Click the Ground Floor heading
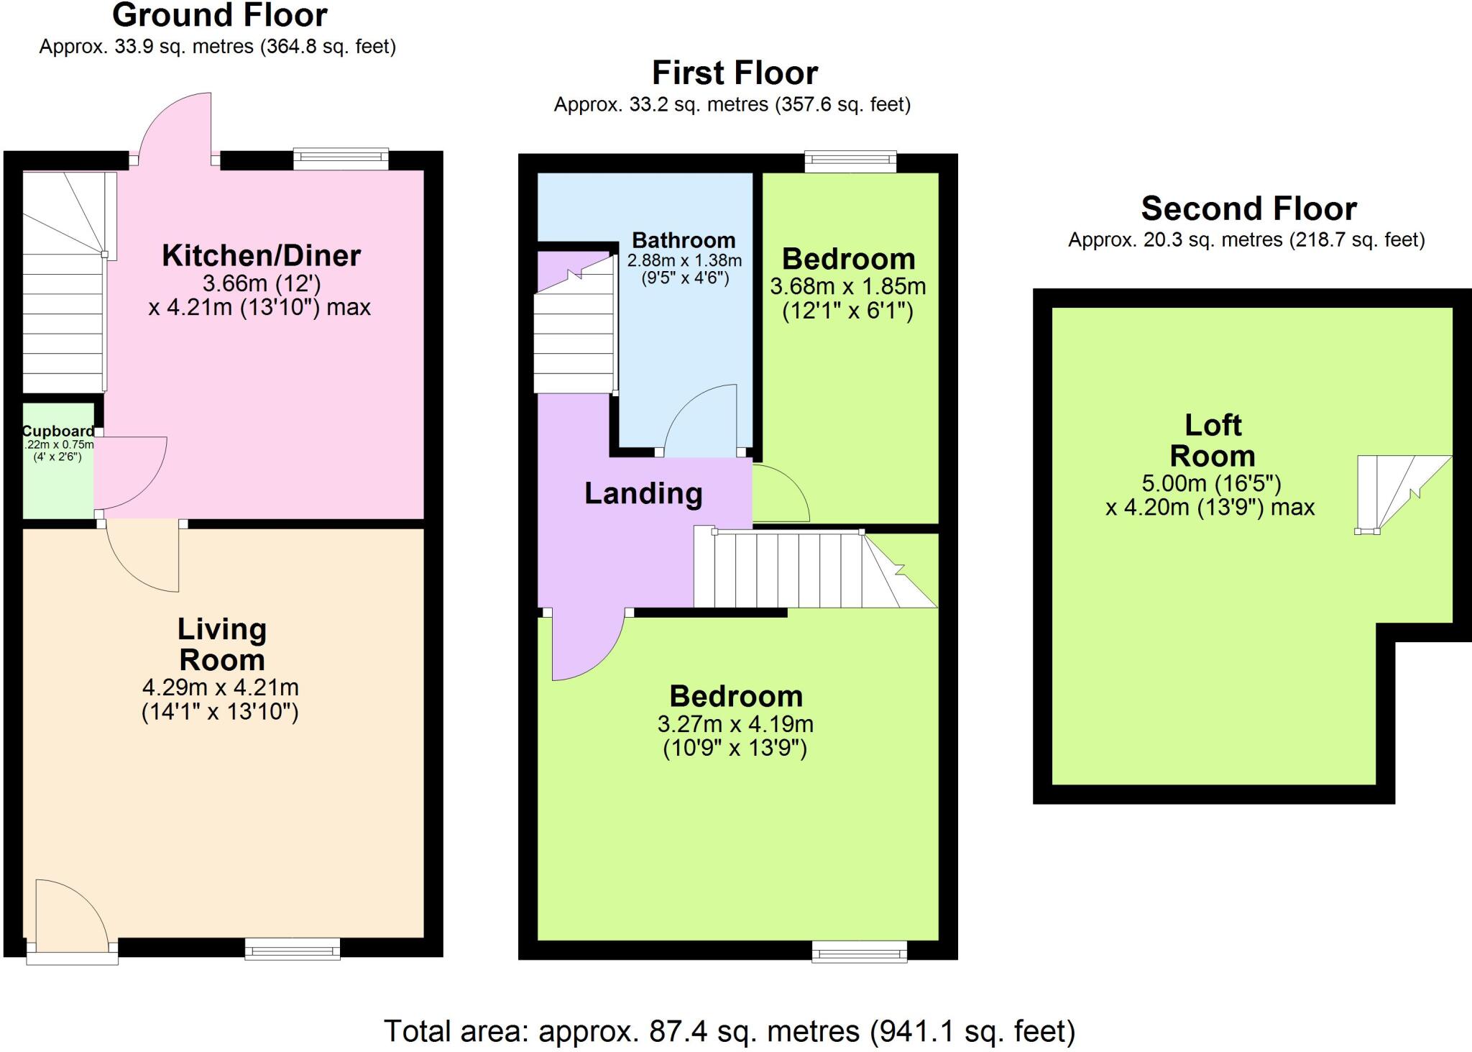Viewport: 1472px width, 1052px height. coord(220,16)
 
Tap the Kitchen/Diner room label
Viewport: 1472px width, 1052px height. coord(261,256)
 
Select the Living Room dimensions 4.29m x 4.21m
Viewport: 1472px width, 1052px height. coord(220,687)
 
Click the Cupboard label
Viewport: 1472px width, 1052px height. coord(57,431)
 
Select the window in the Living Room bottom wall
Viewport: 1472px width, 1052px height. coord(292,949)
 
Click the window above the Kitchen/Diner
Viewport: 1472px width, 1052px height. coord(341,159)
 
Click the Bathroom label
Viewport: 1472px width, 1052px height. coord(684,240)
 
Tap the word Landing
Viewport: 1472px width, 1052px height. coord(643,494)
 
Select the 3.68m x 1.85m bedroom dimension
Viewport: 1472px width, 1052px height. coord(847,287)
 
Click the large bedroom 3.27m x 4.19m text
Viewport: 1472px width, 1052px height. coord(735,724)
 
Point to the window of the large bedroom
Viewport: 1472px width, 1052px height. coord(859,952)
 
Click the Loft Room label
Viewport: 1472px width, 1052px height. coord(1213,440)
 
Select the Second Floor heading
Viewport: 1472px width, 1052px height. coord(1248,209)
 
